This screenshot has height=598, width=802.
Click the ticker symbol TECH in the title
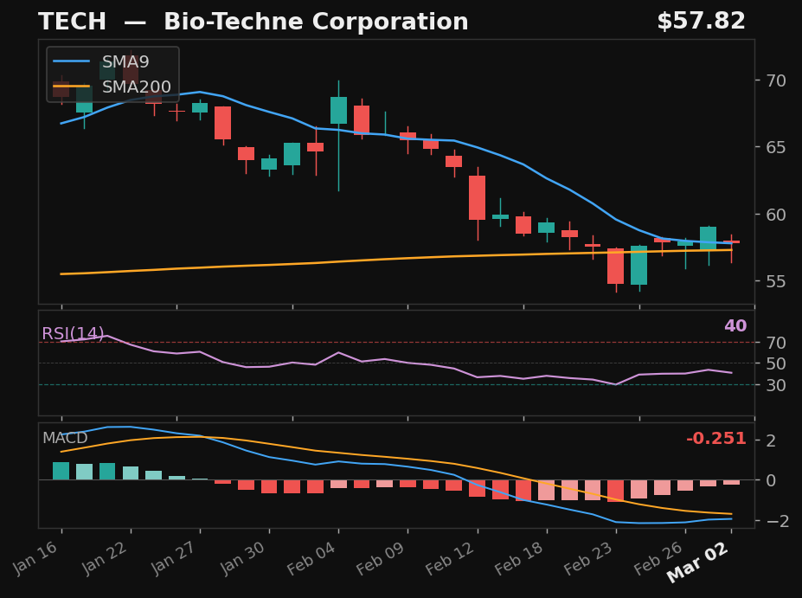click(72, 23)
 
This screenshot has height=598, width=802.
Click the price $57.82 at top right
click(701, 22)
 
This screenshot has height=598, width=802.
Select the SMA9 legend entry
click(125, 62)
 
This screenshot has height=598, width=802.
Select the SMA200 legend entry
click(136, 87)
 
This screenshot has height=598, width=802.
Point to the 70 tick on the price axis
click(775, 80)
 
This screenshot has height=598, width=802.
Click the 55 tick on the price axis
click(775, 281)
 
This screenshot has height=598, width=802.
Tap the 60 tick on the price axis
click(775, 215)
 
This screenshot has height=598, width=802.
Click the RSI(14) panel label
click(73, 334)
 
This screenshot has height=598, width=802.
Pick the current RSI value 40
click(735, 326)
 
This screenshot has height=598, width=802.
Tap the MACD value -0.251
click(715, 439)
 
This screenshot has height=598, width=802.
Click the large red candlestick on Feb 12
click(477, 197)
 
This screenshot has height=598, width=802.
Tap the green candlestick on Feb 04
click(338, 110)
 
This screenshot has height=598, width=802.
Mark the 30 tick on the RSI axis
click(775, 384)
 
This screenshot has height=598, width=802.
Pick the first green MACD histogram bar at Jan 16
click(61, 471)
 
